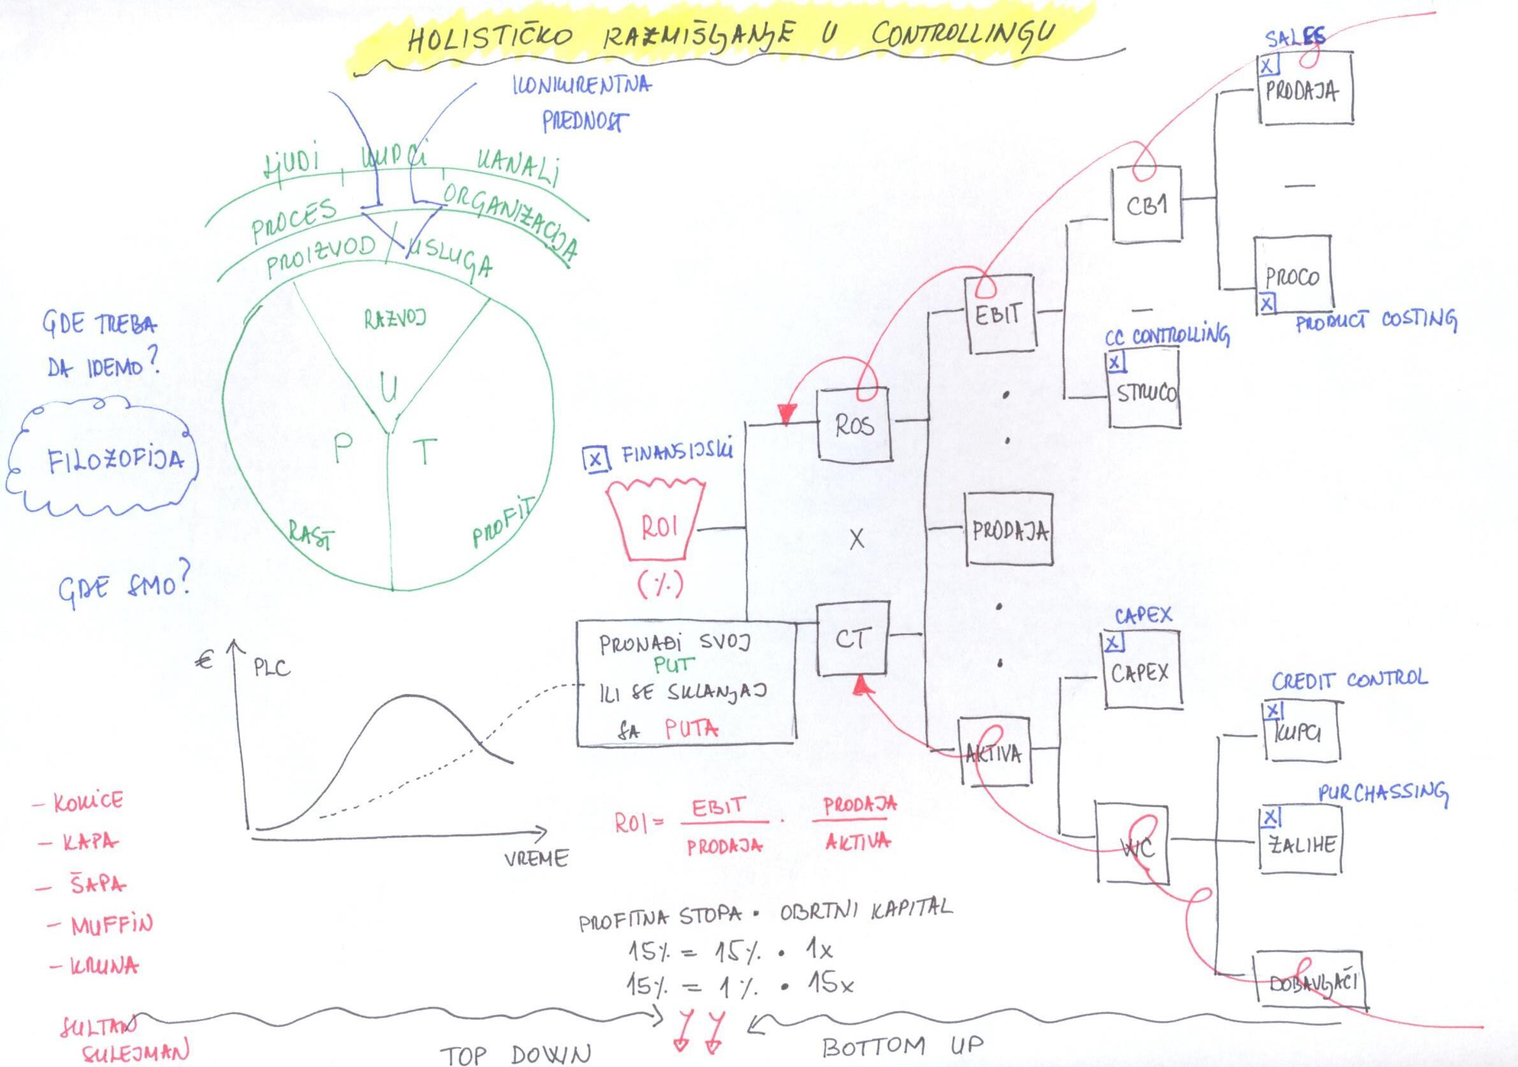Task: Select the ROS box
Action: (854, 425)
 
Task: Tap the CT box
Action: (852, 639)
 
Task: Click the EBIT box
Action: (999, 315)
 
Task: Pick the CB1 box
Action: (1146, 204)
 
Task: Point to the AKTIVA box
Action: (995, 752)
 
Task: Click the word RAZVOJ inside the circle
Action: (395, 319)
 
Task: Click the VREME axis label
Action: (536, 858)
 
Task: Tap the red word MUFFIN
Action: (111, 924)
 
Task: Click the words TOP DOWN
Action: (516, 1054)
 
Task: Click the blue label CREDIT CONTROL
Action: (1349, 679)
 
